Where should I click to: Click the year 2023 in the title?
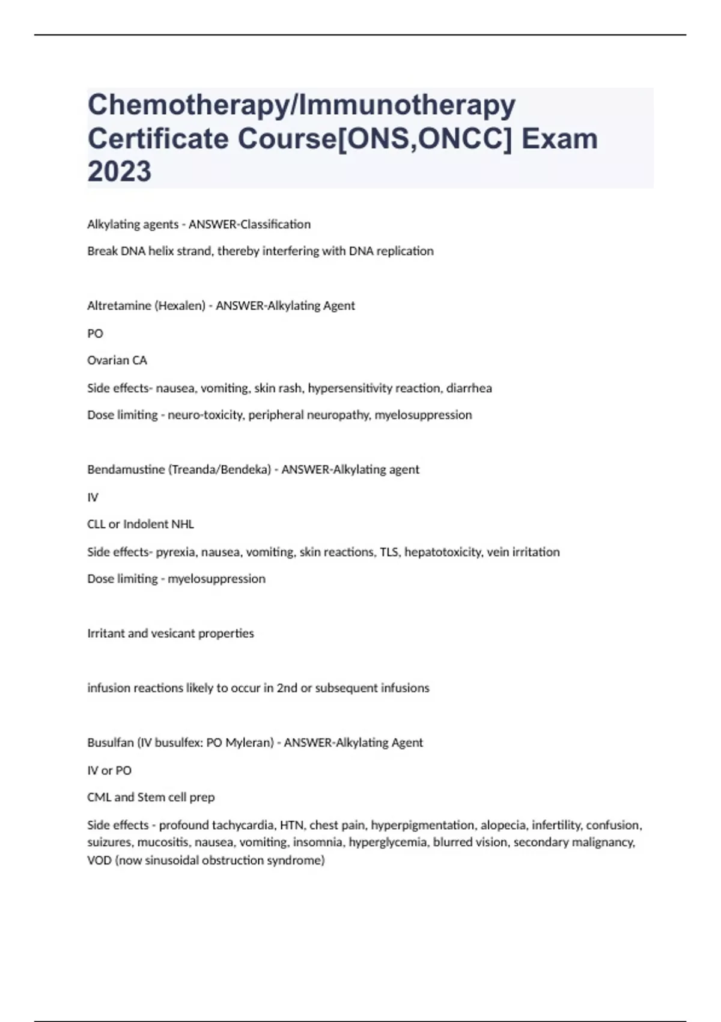119,171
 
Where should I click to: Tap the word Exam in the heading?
559,139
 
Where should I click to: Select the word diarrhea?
469,388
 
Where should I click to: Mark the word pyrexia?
175,552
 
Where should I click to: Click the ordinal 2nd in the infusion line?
287,688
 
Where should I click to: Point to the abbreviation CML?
99,797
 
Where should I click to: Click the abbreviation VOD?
99,860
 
